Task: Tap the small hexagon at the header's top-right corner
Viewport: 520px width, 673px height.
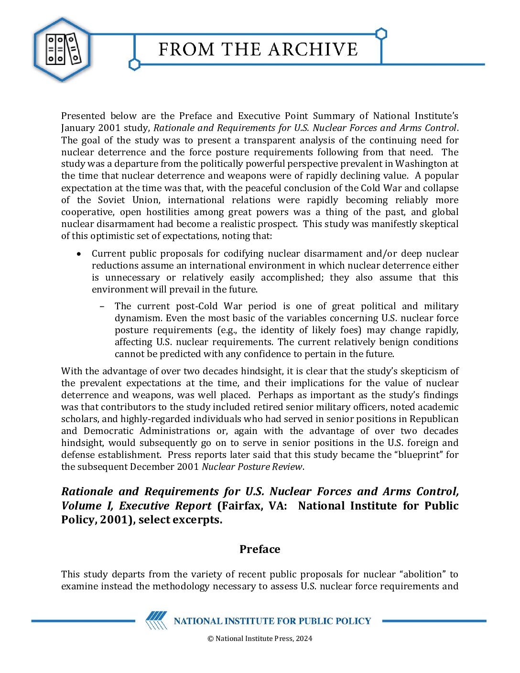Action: pyautogui.click(x=381, y=34)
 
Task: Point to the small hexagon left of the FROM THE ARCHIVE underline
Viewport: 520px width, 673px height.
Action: pyautogui.click(x=135, y=64)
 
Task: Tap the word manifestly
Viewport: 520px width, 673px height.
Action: pyautogui.click(x=373, y=224)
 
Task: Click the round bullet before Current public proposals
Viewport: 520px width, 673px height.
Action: pyautogui.click(x=79, y=254)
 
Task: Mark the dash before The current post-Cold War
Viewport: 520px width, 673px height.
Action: pyautogui.click(x=102, y=306)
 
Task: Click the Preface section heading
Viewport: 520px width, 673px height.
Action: pyautogui.click(x=260, y=549)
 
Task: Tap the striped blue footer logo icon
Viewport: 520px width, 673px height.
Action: pyautogui.click(x=156, y=620)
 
